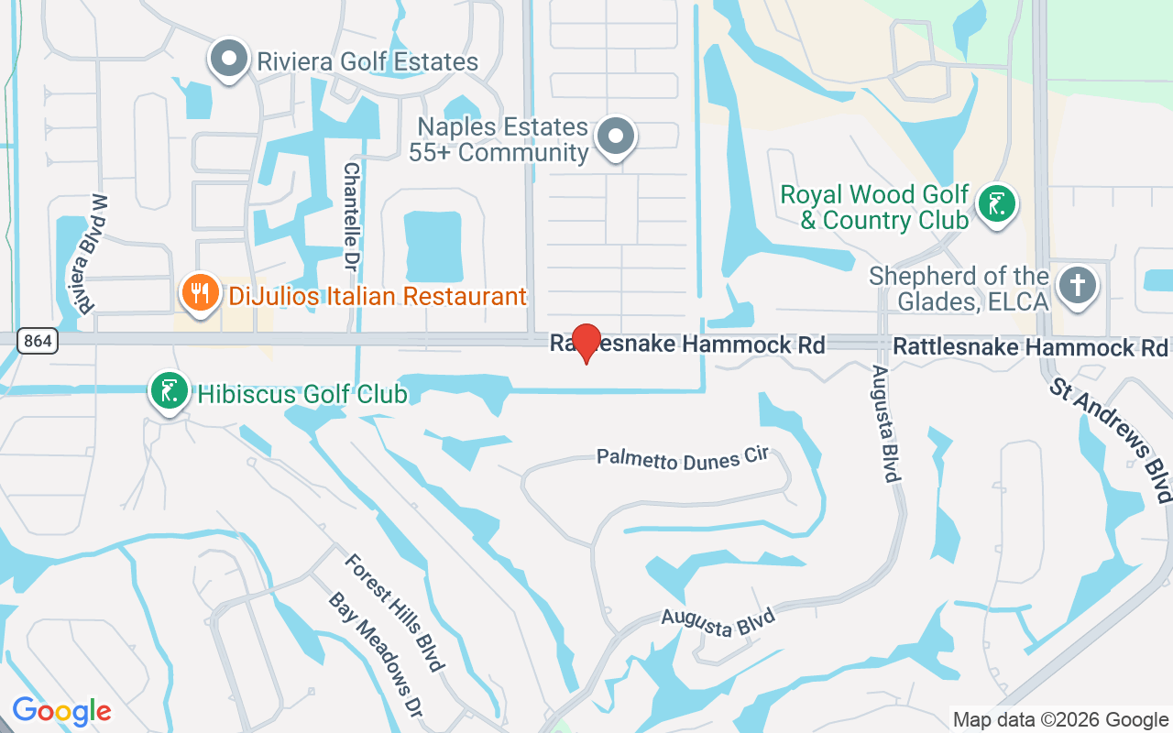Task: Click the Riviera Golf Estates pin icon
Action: point(229,60)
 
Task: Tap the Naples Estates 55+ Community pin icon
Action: point(616,137)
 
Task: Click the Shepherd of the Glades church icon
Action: point(1077,286)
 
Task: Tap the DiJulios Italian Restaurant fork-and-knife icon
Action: point(199,293)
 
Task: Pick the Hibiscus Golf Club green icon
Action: point(169,391)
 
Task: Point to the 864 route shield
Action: point(38,342)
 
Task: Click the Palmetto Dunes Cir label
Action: point(682,458)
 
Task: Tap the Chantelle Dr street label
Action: point(351,217)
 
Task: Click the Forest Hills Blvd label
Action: point(394,611)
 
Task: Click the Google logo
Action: point(61,711)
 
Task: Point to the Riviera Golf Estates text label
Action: point(367,62)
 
